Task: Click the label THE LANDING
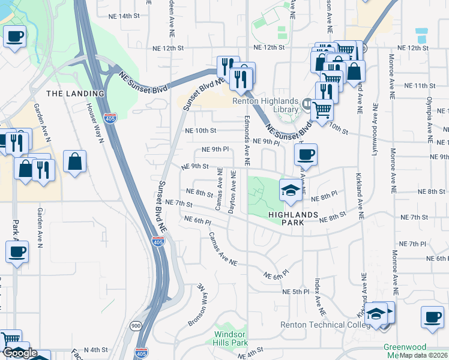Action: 75,94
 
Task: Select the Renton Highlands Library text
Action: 274,105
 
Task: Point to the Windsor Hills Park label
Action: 232,338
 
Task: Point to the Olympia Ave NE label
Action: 430,118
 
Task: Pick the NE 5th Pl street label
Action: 295,292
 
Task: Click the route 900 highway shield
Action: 135,325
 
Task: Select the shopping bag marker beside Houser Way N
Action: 74,161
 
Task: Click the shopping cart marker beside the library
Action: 322,110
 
